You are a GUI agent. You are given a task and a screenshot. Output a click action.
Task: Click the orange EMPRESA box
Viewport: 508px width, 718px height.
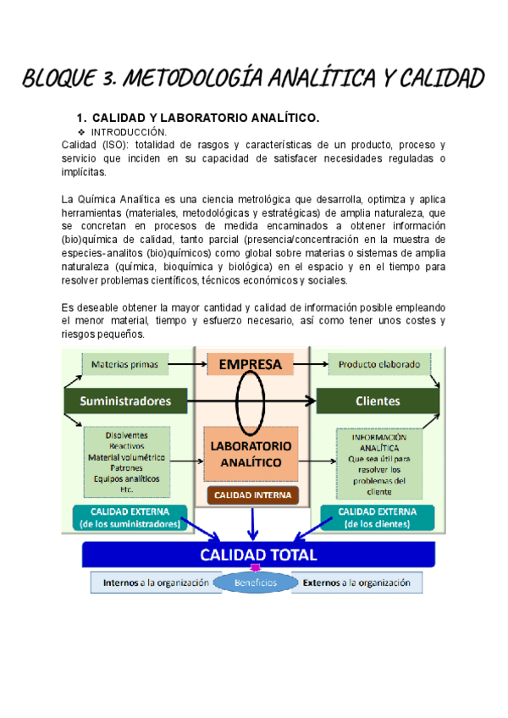click(x=251, y=365)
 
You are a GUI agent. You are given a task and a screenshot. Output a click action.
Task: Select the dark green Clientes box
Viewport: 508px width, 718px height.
click(x=377, y=400)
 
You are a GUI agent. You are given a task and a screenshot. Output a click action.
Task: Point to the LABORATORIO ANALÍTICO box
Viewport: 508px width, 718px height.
click(x=251, y=454)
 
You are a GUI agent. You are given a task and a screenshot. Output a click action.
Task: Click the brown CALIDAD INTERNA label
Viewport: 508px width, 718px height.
click(x=252, y=495)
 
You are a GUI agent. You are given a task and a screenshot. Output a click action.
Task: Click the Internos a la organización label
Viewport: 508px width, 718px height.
click(x=156, y=583)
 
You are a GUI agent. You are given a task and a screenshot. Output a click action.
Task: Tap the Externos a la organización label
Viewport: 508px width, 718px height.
click(x=356, y=583)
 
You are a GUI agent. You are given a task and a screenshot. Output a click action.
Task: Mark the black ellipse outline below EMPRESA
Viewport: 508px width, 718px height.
click(x=251, y=399)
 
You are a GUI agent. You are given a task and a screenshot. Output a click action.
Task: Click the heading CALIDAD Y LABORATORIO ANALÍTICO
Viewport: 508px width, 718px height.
click(x=205, y=118)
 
